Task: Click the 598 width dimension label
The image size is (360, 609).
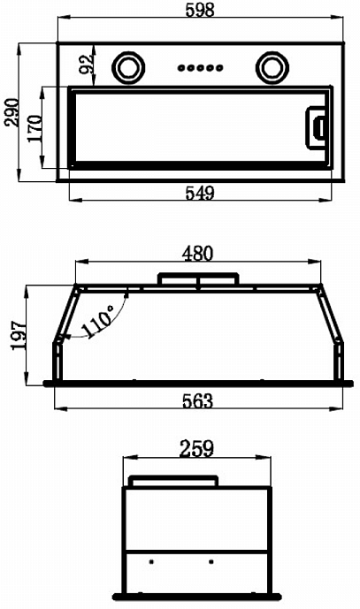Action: click(x=200, y=10)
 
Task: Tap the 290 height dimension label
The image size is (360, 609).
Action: click(x=11, y=112)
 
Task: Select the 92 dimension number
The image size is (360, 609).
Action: click(x=86, y=65)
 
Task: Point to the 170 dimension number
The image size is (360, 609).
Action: click(x=34, y=128)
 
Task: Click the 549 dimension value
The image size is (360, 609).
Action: click(x=200, y=193)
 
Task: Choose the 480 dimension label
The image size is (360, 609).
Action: click(x=198, y=253)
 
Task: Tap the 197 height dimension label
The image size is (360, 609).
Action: click(x=19, y=336)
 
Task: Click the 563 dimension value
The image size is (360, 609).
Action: click(x=198, y=400)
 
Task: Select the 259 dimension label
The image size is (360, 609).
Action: click(x=196, y=449)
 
